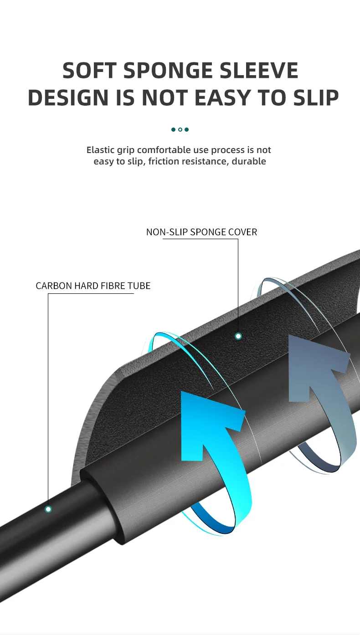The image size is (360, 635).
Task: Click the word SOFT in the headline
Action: [90, 71]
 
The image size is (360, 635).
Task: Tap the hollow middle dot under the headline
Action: [180, 130]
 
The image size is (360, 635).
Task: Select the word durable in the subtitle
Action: [249, 161]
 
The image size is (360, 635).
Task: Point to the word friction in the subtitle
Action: [163, 161]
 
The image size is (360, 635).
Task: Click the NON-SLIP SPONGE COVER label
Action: [201, 232]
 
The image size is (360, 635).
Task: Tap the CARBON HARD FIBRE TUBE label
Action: [93, 286]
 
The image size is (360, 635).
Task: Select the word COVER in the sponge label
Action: [242, 232]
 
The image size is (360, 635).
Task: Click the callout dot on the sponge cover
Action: [238, 336]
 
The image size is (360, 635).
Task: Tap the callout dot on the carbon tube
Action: [48, 509]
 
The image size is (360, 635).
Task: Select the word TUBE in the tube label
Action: [139, 286]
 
